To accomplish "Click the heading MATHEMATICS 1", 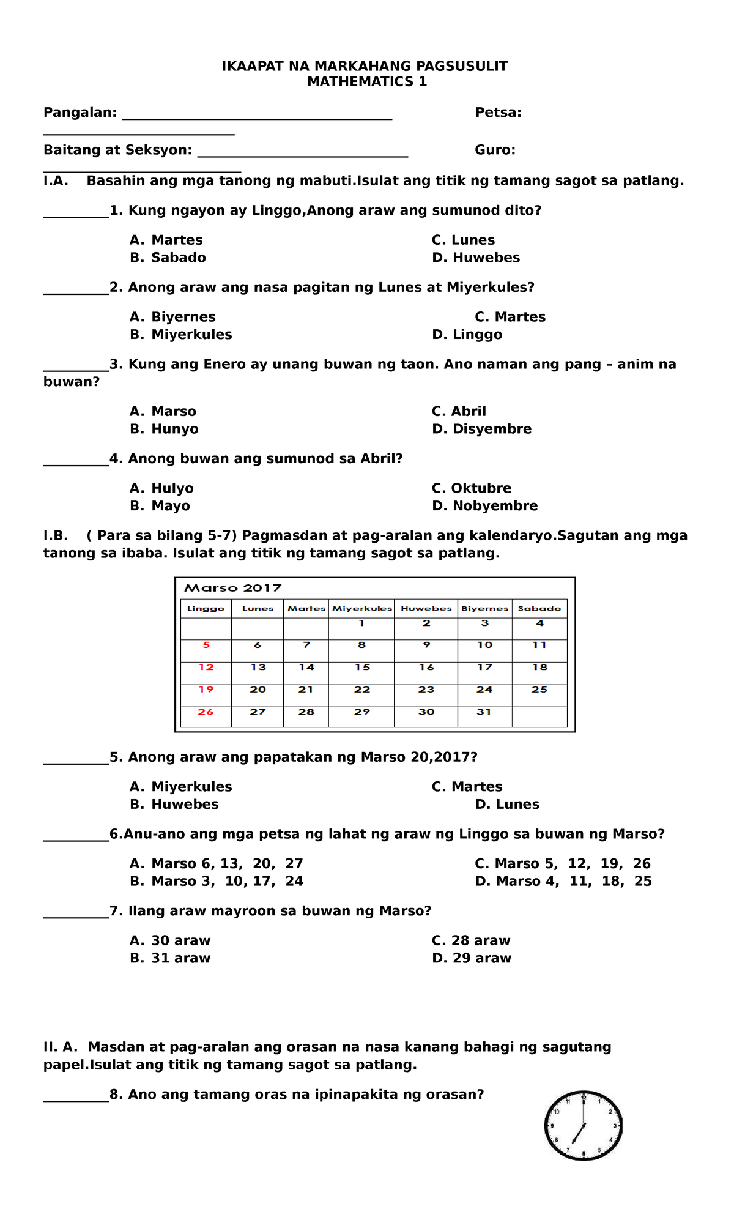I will (x=367, y=82).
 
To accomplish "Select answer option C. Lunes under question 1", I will (x=463, y=240).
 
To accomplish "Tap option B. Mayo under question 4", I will (x=160, y=506).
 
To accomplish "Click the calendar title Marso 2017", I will (x=232, y=588).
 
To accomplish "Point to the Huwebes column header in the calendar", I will (x=426, y=609).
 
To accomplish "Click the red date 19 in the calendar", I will (x=206, y=690).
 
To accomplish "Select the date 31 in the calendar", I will (x=484, y=712).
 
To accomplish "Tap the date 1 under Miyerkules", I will (x=361, y=623).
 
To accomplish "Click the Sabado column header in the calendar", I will (x=539, y=609).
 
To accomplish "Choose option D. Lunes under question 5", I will (x=507, y=805).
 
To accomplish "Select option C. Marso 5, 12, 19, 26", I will (x=563, y=864).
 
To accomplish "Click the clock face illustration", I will (x=584, y=1125).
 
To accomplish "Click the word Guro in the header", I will (x=494, y=150).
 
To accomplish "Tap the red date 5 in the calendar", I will (x=206, y=645).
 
